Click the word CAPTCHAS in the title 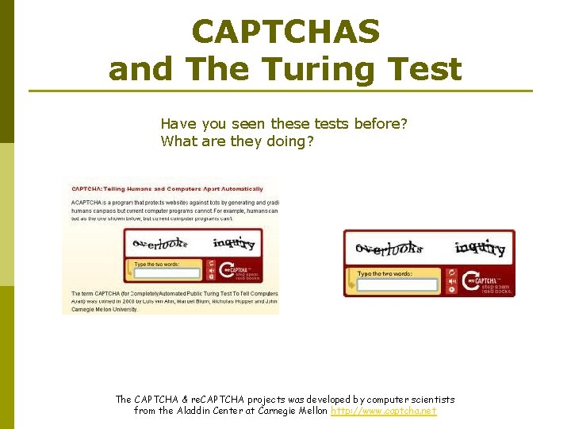285,32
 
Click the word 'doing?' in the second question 290,141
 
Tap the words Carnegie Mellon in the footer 290,411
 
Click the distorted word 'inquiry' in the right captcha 480,248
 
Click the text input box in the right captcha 397,284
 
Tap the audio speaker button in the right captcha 451,280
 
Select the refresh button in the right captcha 451,272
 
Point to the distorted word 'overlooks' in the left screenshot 159,244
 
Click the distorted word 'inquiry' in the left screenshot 234,243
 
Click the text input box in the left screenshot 167,272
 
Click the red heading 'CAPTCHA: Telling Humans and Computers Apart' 167,188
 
